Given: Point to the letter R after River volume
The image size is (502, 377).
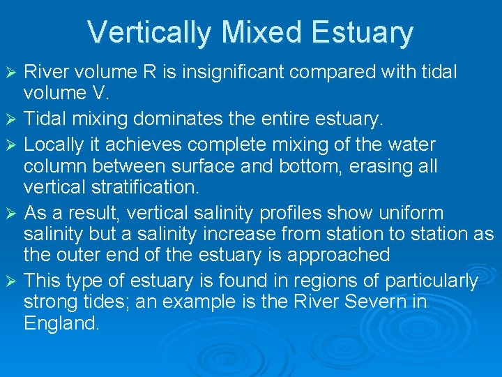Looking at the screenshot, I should (163, 72).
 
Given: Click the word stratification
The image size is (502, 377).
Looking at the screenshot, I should (142, 188).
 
